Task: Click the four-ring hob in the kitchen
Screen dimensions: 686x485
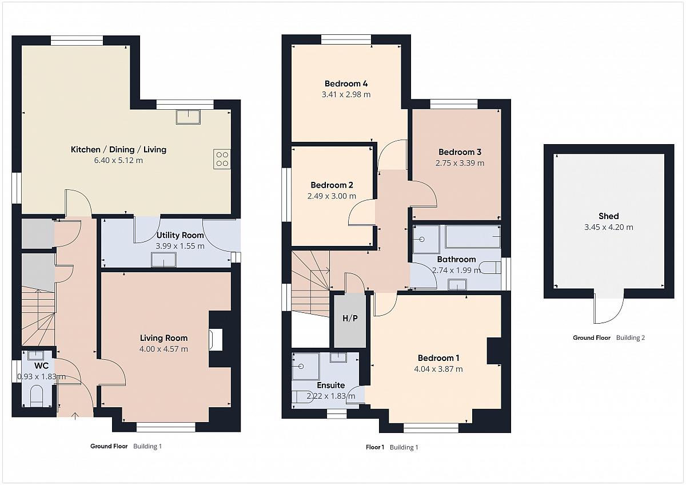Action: pyautogui.click(x=222, y=159)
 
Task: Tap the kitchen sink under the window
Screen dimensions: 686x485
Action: pyautogui.click(x=188, y=117)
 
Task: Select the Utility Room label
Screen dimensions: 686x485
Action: pyautogui.click(x=180, y=235)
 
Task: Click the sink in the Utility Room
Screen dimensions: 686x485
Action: pyautogui.click(x=164, y=260)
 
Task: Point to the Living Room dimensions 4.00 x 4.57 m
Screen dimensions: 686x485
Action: pyautogui.click(x=163, y=349)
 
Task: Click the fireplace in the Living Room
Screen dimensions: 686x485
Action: pyautogui.click(x=216, y=340)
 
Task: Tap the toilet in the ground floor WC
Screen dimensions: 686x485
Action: pyautogui.click(x=37, y=396)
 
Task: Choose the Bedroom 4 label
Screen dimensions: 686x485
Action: pyautogui.click(x=346, y=84)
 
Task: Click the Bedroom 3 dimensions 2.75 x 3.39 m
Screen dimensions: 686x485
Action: pyautogui.click(x=460, y=163)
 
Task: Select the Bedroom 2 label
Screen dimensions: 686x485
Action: pyautogui.click(x=332, y=185)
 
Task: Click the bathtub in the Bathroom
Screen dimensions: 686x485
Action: pyautogui.click(x=473, y=237)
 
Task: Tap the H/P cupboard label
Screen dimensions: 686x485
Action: pyautogui.click(x=350, y=319)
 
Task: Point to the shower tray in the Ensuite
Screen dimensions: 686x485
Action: pyautogui.click(x=306, y=367)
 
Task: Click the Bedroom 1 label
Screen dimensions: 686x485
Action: pyautogui.click(x=438, y=358)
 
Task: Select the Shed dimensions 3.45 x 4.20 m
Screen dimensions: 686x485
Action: pyautogui.click(x=608, y=227)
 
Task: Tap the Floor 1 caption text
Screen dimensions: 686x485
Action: pyautogui.click(x=375, y=447)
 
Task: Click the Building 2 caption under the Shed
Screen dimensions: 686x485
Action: pyautogui.click(x=631, y=337)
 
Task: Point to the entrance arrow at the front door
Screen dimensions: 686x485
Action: pyautogui.click(x=75, y=415)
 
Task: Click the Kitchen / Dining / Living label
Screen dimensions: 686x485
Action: pyautogui.click(x=118, y=149)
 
